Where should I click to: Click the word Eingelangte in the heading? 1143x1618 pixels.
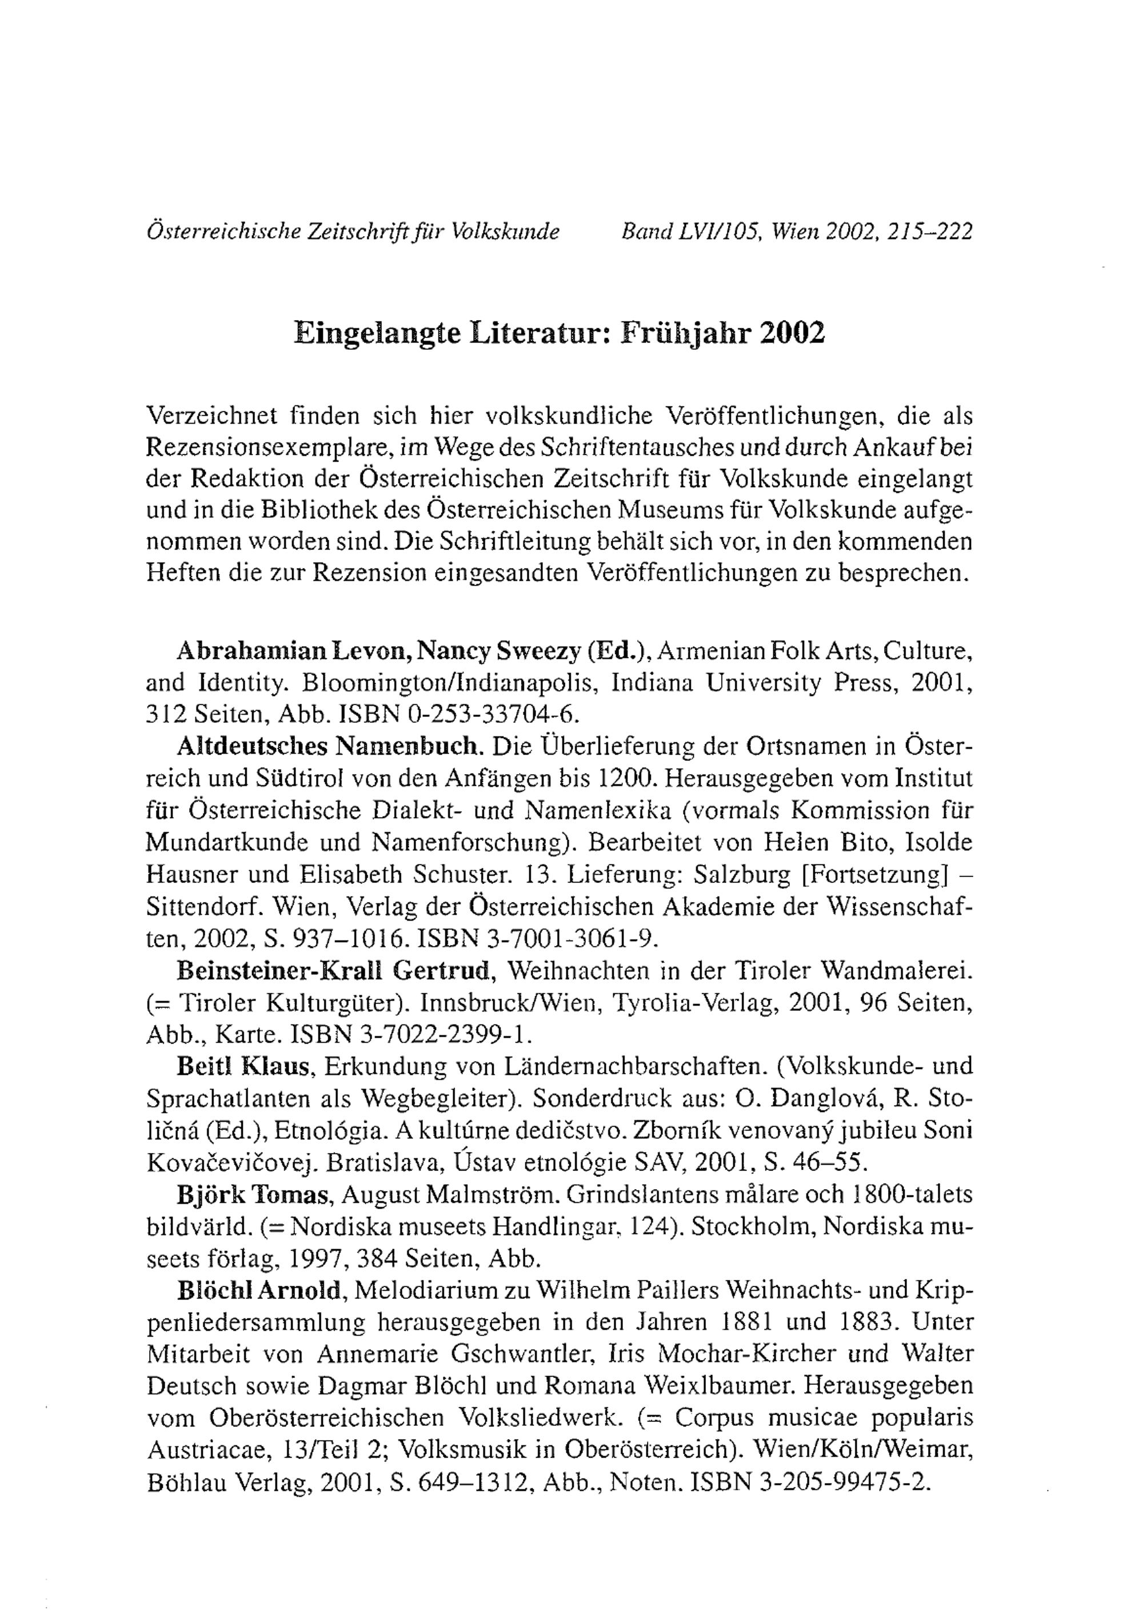pos(375,333)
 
